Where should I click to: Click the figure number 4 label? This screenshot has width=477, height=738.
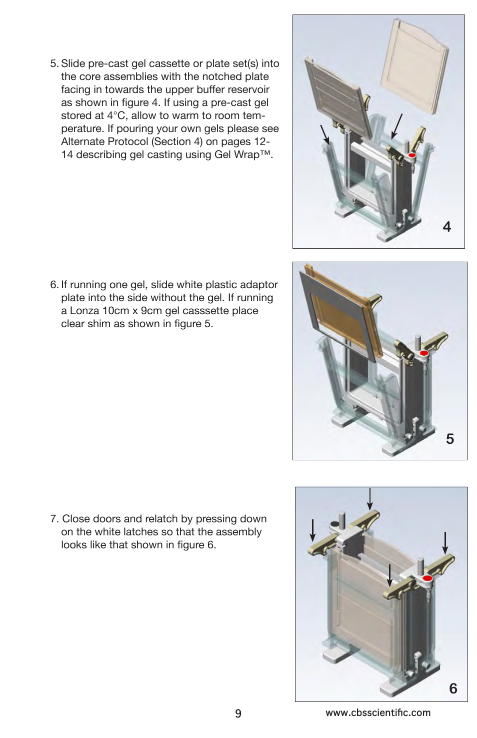pos(447,227)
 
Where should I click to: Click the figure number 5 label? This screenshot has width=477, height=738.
pos(450,439)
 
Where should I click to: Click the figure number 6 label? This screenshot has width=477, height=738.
pos(453,688)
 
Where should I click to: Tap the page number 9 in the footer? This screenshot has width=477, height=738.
pos(238,713)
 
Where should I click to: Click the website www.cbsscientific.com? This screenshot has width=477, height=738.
pos(378,712)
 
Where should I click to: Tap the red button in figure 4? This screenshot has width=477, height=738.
pos(412,156)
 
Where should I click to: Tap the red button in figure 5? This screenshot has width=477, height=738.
pos(424,353)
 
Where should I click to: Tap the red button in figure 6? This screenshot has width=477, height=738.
pos(427,578)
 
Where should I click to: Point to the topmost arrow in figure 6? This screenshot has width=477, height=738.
pos(369,499)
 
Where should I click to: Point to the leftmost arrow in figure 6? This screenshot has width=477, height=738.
pos(312,530)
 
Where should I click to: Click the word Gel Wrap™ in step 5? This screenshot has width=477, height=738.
pos(243,155)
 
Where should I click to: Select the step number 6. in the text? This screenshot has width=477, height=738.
pos(54,285)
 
